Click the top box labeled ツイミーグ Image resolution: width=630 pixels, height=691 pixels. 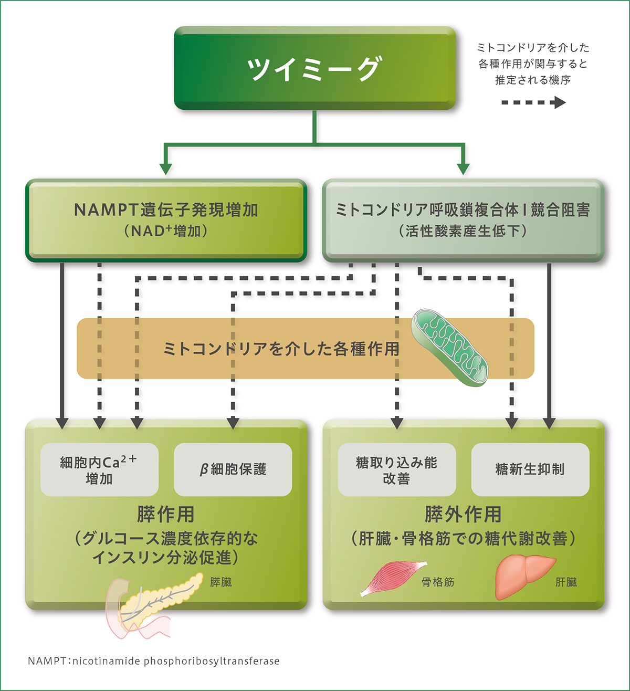point(314,68)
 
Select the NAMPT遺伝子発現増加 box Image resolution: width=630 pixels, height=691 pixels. point(166,220)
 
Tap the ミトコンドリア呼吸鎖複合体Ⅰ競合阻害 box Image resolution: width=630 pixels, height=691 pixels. point(463,220)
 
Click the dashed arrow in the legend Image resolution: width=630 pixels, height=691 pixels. point(533,102)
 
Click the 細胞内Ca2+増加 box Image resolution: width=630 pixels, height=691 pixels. point(99,469)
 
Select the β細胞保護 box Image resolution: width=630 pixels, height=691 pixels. point(233,469)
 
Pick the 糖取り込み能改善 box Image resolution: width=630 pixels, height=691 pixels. point(396,469)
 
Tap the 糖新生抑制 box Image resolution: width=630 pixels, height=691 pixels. point(530,469)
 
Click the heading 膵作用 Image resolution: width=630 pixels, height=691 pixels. point(166,514)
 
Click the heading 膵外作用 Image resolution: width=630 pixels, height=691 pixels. point(463,514)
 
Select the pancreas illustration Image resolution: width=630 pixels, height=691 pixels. point(152,604)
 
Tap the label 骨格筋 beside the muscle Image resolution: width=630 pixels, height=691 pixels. point(438,582)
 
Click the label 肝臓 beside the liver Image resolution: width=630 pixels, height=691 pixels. point(566,582)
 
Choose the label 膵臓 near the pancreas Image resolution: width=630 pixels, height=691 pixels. point(220,582)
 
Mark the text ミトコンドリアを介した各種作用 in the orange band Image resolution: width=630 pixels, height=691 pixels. point(281,349)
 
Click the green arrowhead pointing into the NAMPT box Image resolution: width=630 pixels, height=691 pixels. point(166,169)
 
